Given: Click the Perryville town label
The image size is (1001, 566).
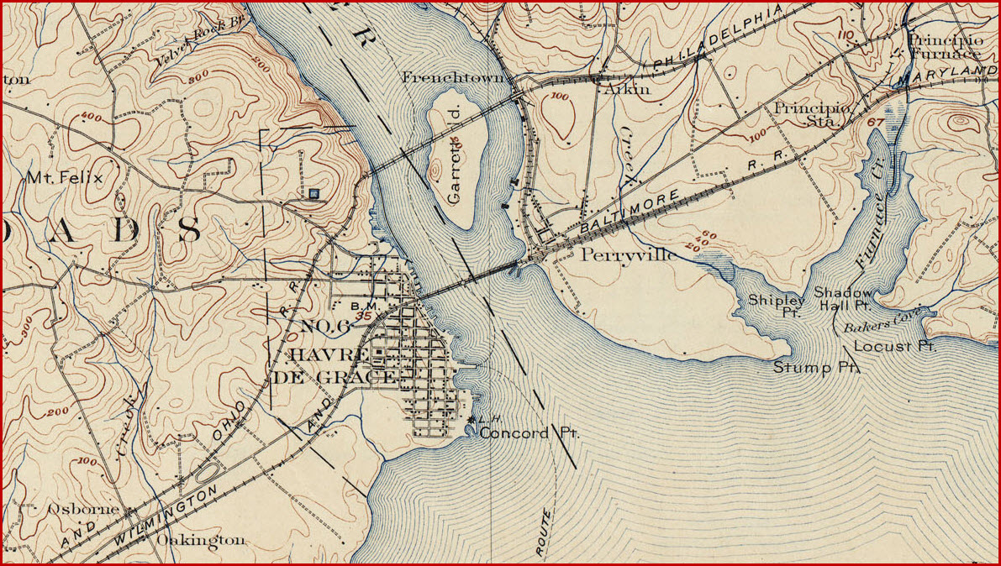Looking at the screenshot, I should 627,254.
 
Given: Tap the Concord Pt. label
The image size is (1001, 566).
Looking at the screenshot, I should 529,433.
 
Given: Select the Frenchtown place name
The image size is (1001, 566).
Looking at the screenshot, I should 455,77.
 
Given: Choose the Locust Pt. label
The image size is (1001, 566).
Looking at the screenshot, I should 893,346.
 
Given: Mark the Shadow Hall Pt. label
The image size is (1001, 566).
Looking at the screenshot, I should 844,300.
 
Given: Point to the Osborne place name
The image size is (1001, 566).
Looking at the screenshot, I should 80,509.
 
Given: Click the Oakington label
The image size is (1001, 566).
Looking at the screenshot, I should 202,540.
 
